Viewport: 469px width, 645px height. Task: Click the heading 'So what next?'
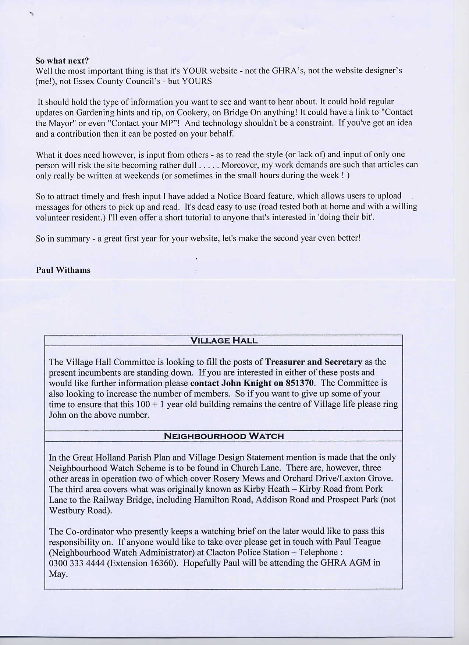pos(62,61)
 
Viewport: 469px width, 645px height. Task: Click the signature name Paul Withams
pos(63,270)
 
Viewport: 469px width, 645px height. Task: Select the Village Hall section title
pos(224,340)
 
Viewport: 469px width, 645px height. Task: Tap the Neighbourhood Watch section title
pos(224,436)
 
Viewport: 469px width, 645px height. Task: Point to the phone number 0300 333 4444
pos(77,563)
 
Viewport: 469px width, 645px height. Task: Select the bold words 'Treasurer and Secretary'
pos(313,362)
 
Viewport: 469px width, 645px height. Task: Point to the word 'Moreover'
pos(239,165)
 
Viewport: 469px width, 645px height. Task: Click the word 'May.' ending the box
pos(58,574)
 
